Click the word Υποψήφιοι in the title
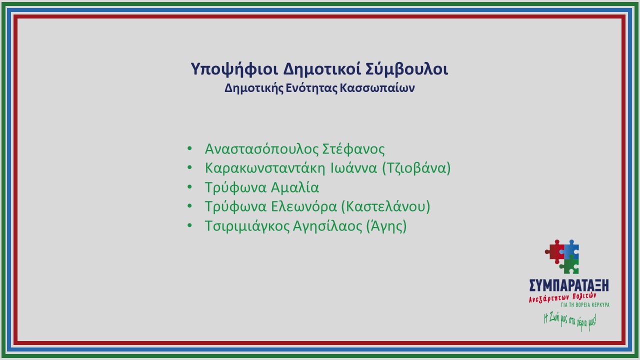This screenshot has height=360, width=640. tap(234, 69)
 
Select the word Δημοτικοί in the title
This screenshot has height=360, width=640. tap(321, 69)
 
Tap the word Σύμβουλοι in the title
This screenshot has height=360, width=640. tap(406, 69)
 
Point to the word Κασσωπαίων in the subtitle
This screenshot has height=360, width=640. tap(377, 88)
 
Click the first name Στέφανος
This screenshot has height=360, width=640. tap(353, 149)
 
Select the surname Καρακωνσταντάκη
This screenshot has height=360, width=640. tap(265, 168)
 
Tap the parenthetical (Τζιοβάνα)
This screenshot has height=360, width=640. tap(416, 168)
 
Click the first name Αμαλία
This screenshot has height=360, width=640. tap(295, 187)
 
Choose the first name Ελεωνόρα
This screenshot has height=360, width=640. tap(304, 206)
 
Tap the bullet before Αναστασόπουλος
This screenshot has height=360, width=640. tap(189, 148)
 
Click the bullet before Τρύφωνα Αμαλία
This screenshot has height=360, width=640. tap(189, 187)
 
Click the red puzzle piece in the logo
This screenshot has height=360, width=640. tap(555, 251)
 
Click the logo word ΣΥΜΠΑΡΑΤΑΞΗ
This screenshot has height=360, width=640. tap(569, 285)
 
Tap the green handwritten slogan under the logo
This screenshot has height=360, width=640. tap(570, 322)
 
